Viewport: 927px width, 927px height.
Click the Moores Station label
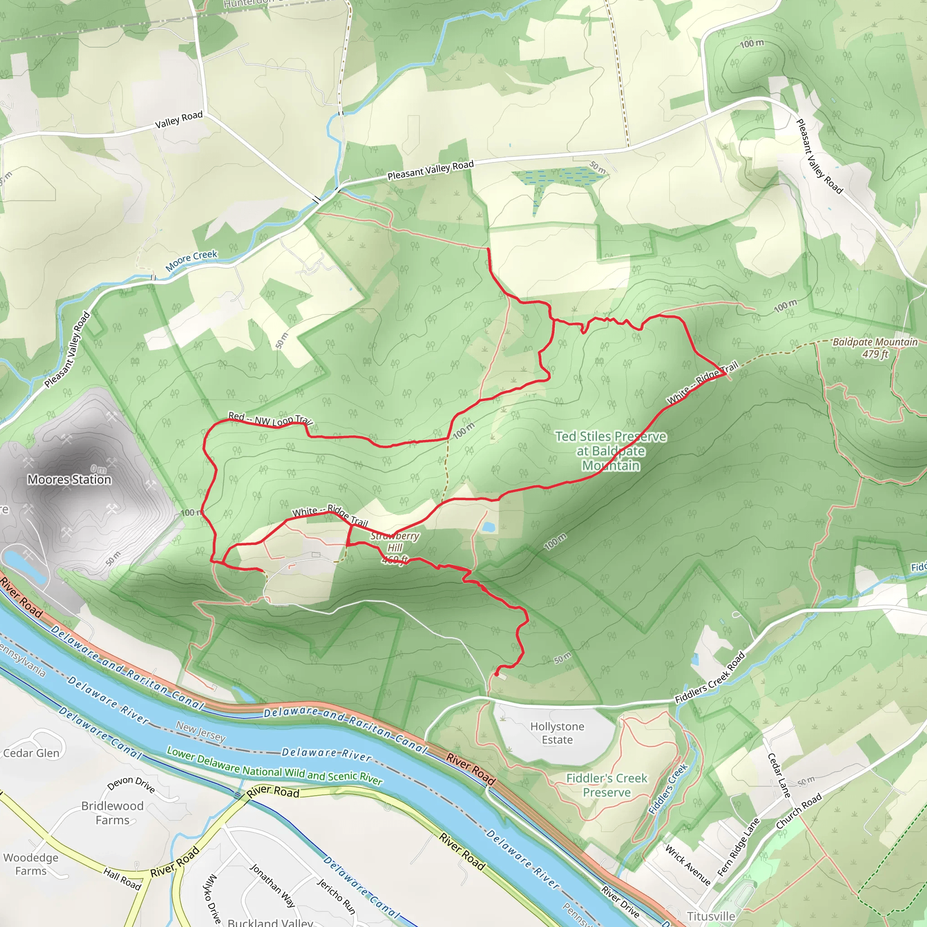coord(69,479)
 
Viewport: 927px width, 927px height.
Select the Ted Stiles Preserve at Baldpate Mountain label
coord(610,451)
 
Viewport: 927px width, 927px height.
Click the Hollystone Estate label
coord(557,733)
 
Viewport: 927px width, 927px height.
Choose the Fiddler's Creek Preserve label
coord(607,785)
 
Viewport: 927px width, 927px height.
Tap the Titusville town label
coord(711,917)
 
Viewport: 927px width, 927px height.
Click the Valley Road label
coord(178,119)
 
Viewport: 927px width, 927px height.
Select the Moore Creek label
coord(191,261)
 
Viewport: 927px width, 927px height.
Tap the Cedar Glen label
coord(31,753)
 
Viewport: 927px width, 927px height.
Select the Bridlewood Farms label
coord(112,813)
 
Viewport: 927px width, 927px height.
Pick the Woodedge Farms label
coord(31,864)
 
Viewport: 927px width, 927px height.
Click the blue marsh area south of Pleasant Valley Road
coord(559,178)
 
